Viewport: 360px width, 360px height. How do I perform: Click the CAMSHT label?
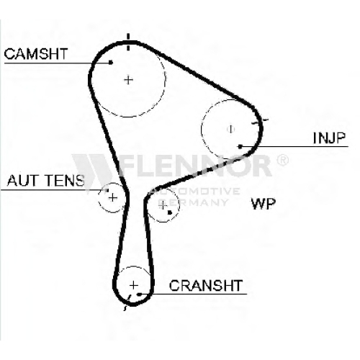36,54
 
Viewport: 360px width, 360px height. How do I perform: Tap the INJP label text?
329,138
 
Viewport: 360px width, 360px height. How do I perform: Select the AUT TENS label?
46,181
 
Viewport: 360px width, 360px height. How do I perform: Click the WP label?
264,204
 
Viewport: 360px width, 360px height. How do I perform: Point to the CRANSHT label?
206,285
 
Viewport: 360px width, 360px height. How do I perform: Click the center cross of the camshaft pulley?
129,80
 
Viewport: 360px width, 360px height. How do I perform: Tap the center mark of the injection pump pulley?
230,129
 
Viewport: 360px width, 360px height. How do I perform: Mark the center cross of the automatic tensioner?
112,198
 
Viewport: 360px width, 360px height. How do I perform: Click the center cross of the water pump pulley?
163,205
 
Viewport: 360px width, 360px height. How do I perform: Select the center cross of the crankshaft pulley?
134,285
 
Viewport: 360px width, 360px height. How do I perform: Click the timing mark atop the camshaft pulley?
128,42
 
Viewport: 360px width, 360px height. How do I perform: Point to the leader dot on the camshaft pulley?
111,63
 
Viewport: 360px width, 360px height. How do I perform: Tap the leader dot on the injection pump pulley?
240,146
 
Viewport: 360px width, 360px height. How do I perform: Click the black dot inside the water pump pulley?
170,212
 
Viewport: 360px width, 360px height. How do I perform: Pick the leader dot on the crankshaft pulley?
139,294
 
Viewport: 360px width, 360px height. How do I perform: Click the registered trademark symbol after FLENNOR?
283,160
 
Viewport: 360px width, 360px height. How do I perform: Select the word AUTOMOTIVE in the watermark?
195,192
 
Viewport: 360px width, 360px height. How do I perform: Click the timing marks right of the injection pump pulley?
260,122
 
